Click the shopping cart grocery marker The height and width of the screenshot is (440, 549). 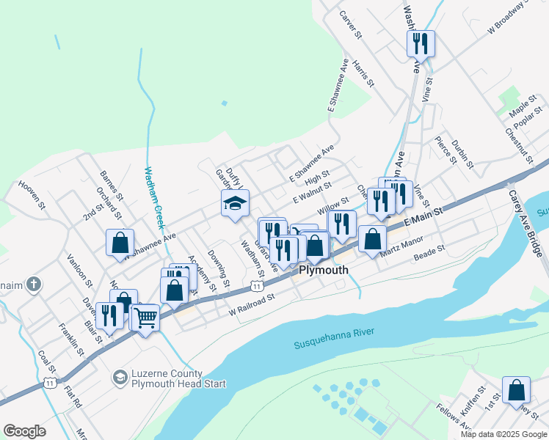[145, 318]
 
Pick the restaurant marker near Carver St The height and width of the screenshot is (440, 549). [421, 43]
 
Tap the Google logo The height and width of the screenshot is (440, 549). [24, 431]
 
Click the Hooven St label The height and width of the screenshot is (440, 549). [32, 197]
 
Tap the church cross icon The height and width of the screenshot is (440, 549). [33, 285]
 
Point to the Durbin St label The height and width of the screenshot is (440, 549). [461, 151]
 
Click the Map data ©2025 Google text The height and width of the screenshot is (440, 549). [504, 434]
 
